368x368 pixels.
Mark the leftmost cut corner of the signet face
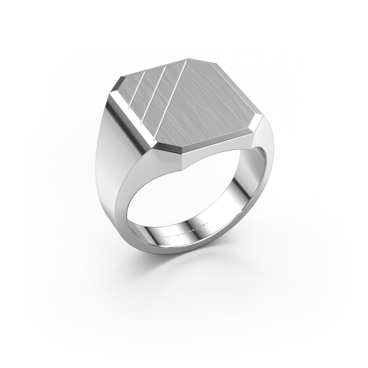pyautogui.click(x=115, y=85)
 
